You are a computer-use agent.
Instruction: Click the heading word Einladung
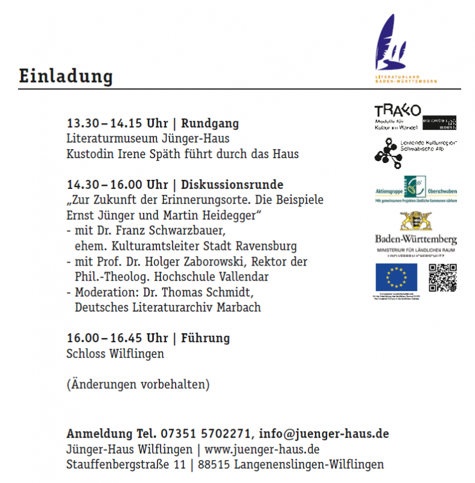pos(66,77)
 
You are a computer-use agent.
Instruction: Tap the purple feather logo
pos(386,44)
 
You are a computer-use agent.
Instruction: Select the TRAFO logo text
pos(397,111)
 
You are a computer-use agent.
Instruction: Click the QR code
pos(442,278)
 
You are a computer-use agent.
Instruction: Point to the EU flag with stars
pos(396,278)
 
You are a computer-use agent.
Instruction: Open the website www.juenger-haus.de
pos(262,450)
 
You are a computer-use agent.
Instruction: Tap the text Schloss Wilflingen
pos(115,354)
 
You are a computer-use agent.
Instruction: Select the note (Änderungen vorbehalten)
pos(138,385)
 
